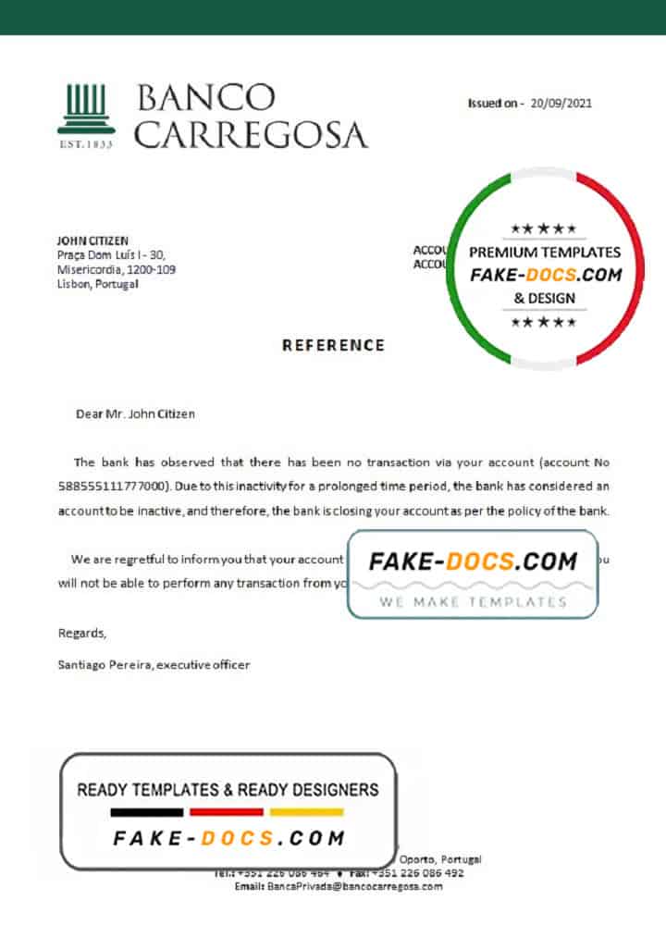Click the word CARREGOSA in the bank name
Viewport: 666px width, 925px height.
pos(251,135)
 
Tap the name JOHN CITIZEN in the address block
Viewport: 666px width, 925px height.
pos(92,240)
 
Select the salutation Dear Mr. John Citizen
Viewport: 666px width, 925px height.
pos(135,413)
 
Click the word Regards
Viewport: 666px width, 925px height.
pos(81,634)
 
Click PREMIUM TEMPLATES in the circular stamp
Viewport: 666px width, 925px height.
pos(545,252)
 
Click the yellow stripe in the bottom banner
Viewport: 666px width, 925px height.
pos(306,812)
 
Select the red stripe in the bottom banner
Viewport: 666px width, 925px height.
pos(227,812)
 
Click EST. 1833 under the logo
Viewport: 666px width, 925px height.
pos(86,144)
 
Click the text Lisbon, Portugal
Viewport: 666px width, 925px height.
pos(98,284)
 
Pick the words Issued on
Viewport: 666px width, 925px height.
pos(496,104)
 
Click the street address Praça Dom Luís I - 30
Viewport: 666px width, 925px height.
pos(112,255)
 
